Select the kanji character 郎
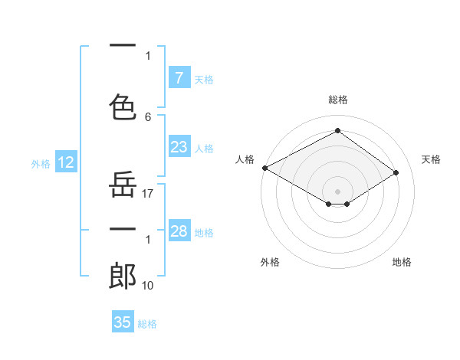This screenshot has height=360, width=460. [x=123, y=277]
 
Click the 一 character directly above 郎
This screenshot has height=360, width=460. [x=123, y=229]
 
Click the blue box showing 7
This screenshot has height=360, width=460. [x=179, y=78]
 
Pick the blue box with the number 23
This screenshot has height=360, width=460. [x=179, y=147]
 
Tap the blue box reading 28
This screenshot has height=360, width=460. [x=179, y=231]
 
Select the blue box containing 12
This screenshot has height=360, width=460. [x=65, y=162]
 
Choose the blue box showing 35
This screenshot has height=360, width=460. [x=123, y=322]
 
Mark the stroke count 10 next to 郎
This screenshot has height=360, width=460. [x=149, y=286]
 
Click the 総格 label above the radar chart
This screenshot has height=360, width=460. [x=337, y=100]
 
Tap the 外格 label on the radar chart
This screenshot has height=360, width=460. [x=270, y=262]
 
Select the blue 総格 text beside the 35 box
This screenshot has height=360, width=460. [x=147, y=324]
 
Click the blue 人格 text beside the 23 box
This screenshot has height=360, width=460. [x=204, y=148]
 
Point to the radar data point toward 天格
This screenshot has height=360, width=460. [x=396, y=173]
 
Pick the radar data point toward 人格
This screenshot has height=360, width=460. [x=264, y=168]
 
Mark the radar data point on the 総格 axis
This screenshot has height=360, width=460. [x=337, y=130]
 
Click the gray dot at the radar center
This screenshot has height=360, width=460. [x=337, y=190]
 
